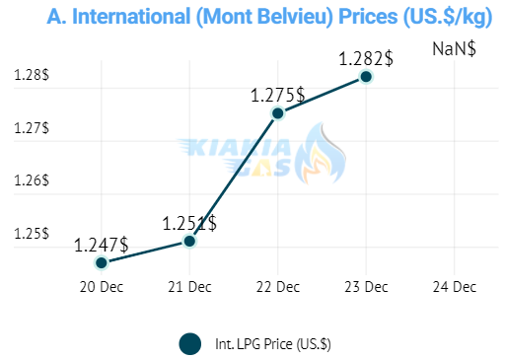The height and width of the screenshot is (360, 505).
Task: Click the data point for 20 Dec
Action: tap(102, 262)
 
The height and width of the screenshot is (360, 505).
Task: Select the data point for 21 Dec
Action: tap(189, 241)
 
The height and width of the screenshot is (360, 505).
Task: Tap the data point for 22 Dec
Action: tap(278, 113)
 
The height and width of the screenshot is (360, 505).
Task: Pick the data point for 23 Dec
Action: tap(366, 77)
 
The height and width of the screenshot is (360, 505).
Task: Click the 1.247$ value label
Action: tap(102, 246)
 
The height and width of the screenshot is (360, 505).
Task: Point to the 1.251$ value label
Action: tap(189, 224)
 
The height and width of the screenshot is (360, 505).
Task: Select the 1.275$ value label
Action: tap(278, 96)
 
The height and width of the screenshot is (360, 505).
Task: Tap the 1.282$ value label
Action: tap(366, 59)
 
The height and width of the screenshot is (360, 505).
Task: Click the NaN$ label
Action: tap(454, 49)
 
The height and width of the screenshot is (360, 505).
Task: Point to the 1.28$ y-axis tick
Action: tap(32, 75)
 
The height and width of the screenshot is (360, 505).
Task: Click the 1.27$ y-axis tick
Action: tap(32, 128)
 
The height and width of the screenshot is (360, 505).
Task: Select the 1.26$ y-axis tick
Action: tap(32, 180)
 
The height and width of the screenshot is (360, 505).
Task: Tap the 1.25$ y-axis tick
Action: tap(32, 234)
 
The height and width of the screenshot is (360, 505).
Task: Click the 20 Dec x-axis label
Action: tap(102, 287)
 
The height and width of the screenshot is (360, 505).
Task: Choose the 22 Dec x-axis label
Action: tap(278, 287)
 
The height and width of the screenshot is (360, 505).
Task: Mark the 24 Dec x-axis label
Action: tap(455, 287)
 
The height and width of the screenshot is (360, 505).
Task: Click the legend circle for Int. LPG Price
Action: tap(190, 344)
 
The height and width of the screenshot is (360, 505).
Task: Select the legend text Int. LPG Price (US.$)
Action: tap(273, 344)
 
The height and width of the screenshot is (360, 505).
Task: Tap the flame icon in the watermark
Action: tap(321, 153)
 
